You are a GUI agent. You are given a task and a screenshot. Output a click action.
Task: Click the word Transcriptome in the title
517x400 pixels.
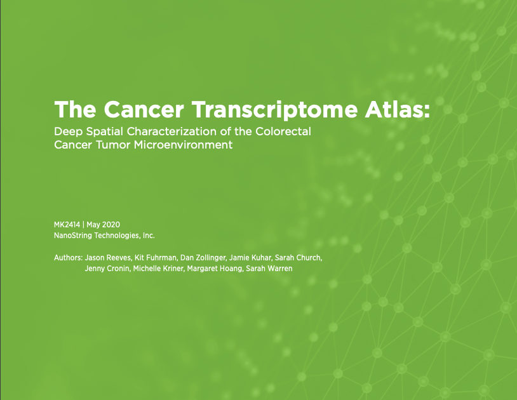pyautogui.click(x=274, y=110)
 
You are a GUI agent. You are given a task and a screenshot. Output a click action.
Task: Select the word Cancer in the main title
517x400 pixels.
pyautogui.click(x=144, y=109)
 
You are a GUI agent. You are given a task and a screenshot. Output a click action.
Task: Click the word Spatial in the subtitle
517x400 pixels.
pyautogui.click(x=105, y=132)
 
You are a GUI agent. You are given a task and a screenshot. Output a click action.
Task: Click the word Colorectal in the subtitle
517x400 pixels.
pyautogui.click(x=283, y=131)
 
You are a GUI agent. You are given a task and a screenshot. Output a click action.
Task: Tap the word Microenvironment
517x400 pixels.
pyautogui.click(x=183, y=145)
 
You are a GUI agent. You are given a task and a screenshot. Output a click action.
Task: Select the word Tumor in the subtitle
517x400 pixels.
pyautogui.click(x=113, y=145)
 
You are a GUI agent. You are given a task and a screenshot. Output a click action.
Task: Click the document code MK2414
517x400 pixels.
pyautogui.click(x=67, y=225)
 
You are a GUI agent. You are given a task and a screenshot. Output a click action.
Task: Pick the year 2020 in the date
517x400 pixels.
pyautogui.click(x=111, y=225)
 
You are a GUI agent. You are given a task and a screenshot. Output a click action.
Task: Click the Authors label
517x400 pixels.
pyautogui.click(x=68, y=258)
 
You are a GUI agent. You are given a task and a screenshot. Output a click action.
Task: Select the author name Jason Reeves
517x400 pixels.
pyautogui.click(x=108, y=258)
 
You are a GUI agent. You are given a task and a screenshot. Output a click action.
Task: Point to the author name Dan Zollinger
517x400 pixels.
pyautogui.click(x=203, y=258)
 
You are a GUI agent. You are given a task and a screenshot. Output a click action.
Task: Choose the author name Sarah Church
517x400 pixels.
pyautogui.click(x=299, y=258)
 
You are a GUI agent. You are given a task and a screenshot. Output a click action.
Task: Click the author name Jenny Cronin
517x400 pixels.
pyautogui.click(x=107, y=269)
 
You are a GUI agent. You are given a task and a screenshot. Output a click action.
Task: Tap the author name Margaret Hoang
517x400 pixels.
pyautogui.click(x=215, y=269)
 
